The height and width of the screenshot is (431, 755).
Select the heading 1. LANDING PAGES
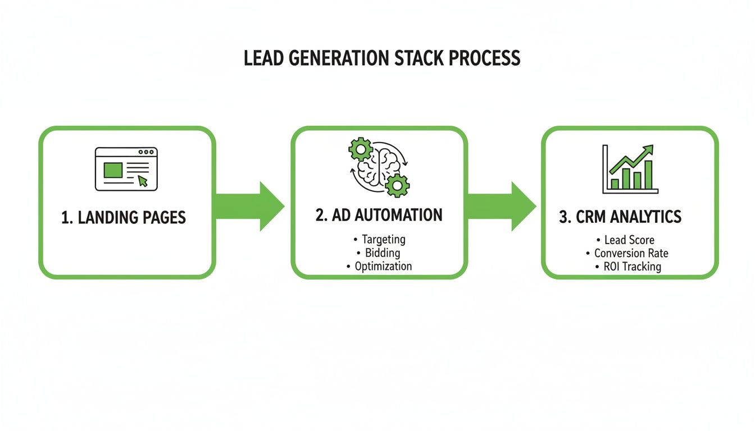(124, 218)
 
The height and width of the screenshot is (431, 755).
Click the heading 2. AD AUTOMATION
(379, 215)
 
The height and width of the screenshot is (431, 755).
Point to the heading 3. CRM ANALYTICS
(620, 217)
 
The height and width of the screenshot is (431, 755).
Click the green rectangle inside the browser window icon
(113, 170)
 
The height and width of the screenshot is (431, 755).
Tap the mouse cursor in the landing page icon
(143, 180)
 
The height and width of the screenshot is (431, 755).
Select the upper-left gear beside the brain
(360, 150)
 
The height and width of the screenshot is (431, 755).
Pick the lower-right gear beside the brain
(398, 185)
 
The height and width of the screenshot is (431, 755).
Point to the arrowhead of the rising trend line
(648, 149)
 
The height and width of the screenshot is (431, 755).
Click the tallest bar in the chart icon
(649, 175)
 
